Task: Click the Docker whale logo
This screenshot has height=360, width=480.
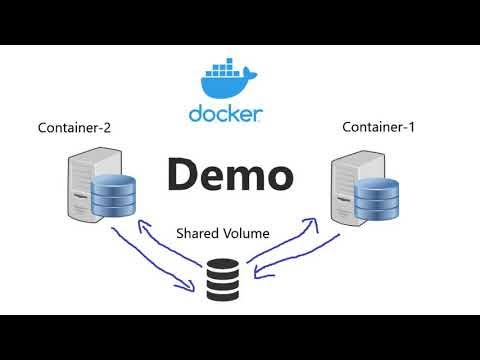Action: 226,80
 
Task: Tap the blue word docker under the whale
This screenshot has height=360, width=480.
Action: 226,113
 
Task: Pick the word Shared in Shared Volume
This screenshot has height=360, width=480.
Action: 198,233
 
